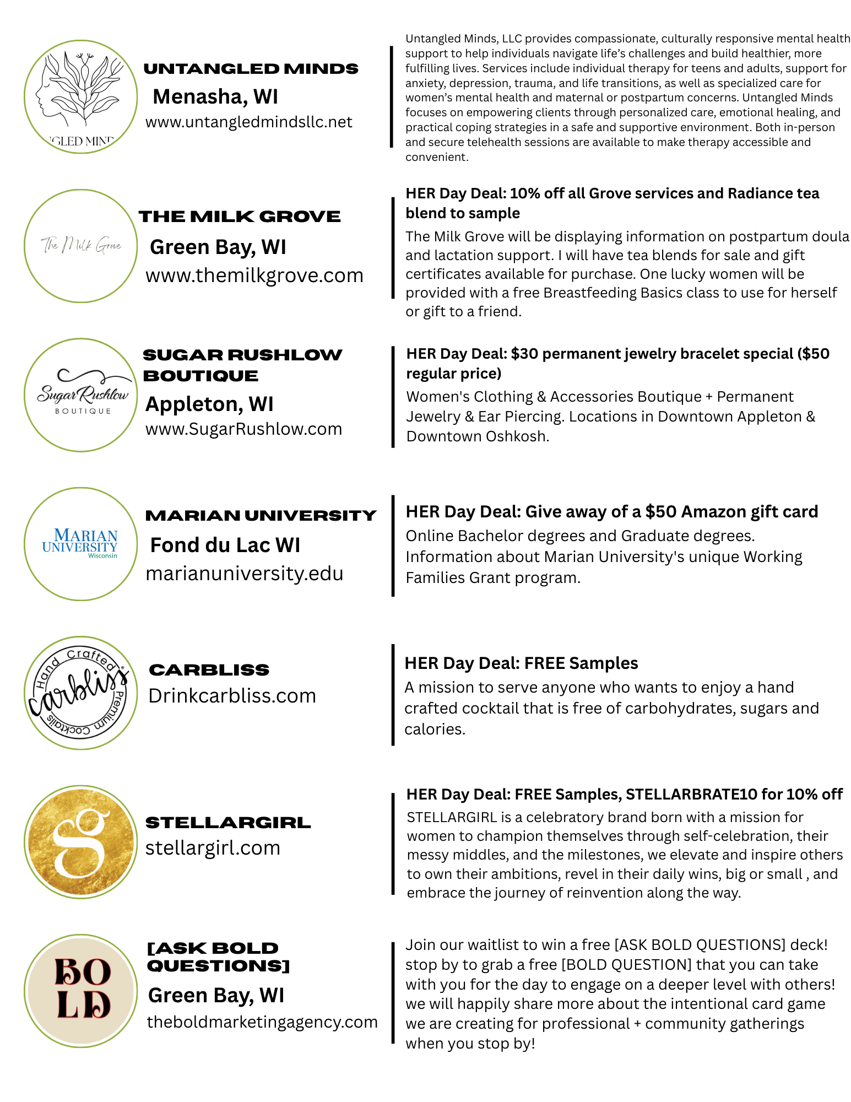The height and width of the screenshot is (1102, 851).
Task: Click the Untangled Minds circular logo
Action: tap(81, 97)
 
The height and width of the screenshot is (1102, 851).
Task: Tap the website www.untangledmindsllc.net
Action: tap(248, 122)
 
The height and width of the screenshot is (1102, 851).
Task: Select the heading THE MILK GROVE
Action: tap(240, 217)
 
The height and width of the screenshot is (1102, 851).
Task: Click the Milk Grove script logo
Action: tap(81, 245)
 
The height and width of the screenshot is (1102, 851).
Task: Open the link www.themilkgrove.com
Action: tap(254, 275)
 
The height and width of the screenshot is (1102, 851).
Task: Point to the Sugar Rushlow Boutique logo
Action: tap(81, 395)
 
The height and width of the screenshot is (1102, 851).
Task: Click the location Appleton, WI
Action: tap(209, 404)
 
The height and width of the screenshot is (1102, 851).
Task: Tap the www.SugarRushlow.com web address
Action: tap(243, 429)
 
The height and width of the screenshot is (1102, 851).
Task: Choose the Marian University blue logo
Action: tap(81, 543)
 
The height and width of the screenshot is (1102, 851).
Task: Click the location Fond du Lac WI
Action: tap(225, 545)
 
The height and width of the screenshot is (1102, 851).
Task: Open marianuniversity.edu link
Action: tap(244, 574)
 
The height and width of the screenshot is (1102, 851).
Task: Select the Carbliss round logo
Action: tap(81, 693)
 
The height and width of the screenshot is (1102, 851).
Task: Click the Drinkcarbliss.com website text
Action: tap(232, 696)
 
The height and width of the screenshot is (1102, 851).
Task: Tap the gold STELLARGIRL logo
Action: tap(81, 841)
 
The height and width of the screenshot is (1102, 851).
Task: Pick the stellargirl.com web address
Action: tap(213, 847)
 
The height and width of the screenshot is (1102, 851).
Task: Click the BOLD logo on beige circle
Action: tap(81, 990)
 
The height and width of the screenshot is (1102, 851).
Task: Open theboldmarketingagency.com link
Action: tap(262, 1022)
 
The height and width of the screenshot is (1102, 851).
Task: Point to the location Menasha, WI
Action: tap(215, 96)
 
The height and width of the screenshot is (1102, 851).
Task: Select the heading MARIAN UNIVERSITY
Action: tap(261, 515)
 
